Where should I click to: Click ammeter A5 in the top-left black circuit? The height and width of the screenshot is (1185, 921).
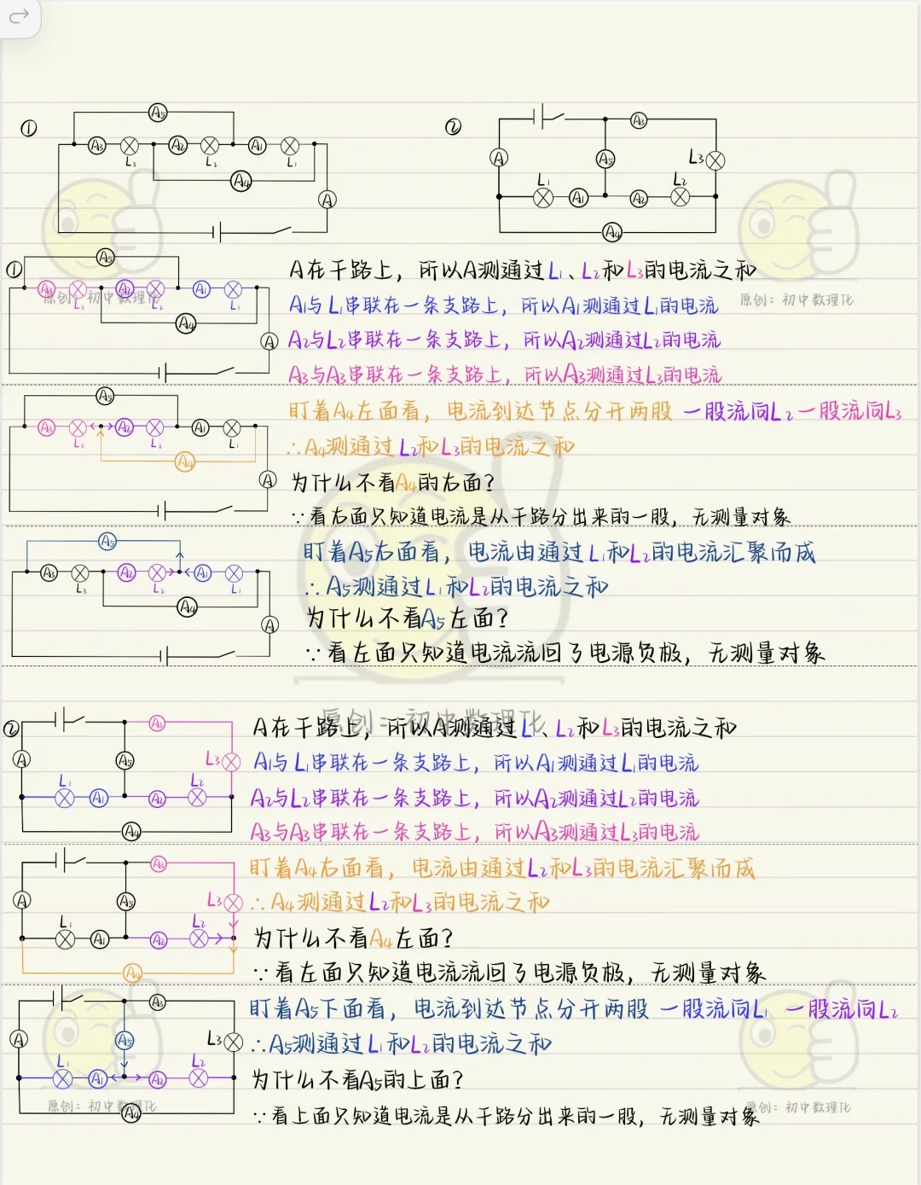[158, 113]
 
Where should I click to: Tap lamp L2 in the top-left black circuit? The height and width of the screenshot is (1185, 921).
[211, 146]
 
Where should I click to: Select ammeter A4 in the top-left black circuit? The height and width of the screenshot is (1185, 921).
[241, 181]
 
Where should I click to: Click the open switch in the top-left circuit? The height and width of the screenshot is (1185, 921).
[272, 229]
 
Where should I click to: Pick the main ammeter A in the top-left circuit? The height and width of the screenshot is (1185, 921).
[327, 200]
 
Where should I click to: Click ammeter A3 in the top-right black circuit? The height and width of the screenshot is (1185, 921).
[639, 120]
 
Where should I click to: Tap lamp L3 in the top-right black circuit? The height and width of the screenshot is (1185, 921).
[715, 160]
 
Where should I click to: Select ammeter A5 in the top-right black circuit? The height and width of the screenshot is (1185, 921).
[605, 159]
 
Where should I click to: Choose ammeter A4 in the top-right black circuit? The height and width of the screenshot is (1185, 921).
[612, 231]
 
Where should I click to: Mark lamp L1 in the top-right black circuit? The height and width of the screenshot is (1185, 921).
[543, 198]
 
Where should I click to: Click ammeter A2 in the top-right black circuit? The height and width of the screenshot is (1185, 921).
[639, 198]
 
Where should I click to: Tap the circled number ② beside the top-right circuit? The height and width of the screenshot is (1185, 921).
[453, 127]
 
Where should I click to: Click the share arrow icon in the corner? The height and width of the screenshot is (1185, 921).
[18, 15]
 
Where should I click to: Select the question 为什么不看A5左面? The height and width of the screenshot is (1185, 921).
[407, 618]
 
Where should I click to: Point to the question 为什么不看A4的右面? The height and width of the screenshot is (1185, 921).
[392, 482]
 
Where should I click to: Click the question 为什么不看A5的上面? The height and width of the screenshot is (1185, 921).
[357, 1080]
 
